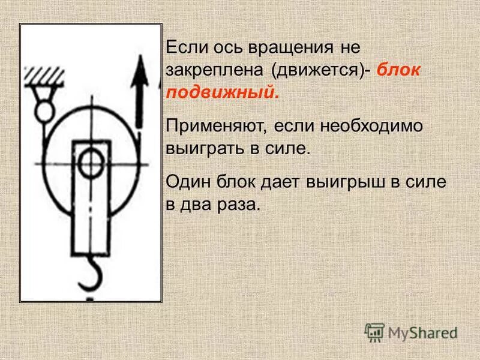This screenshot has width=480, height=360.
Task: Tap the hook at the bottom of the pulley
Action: [x=90, y=273]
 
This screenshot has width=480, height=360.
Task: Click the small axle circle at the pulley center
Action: [x=91, y=163]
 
